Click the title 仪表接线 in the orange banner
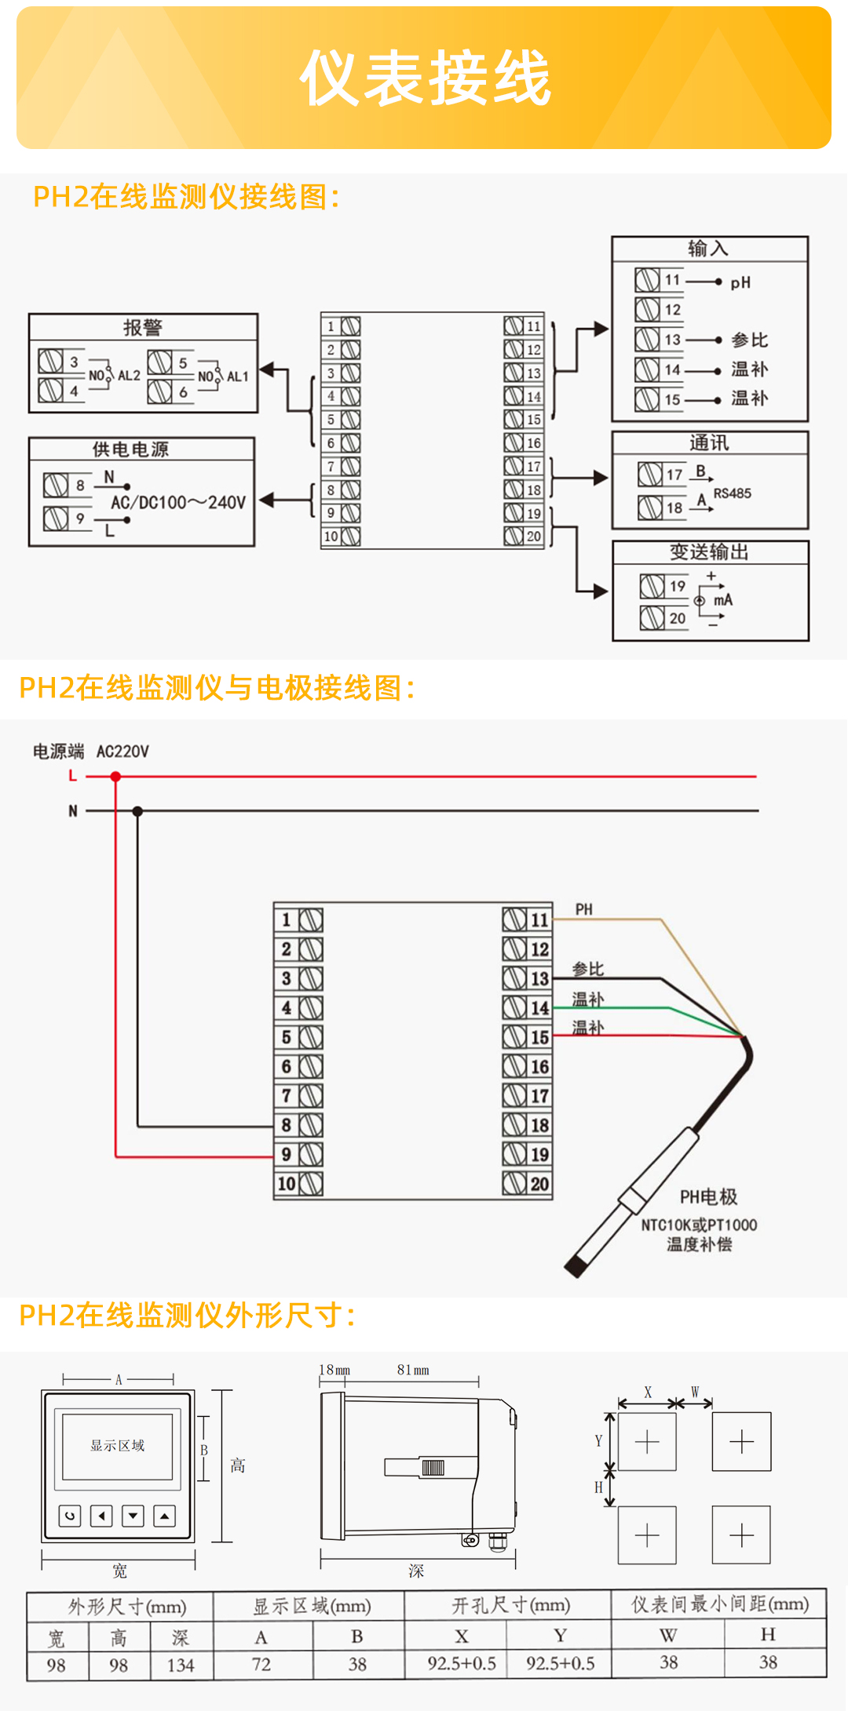pyautogui.click(x=425, y=78)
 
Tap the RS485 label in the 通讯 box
pyautogui.click(x=732, y=493)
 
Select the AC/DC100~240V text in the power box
pyautogui.click(x=178, y=502)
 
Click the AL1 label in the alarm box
pyautogui.click(x=237, y=377)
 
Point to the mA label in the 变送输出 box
pyautogui.click(x=723, y=600)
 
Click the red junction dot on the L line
pyautogui.click(x=115, y=777)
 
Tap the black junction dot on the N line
pyautogui.click(x=137, y=811)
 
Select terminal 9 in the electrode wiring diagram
pyautogui.click(x=298, y=1155)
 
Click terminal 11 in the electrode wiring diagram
pyautogui.click(x=527, y=919)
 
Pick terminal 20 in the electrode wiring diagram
pyautogui.click(x=527, y=1184)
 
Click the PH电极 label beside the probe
pyautogui.click(x=708, y=1197)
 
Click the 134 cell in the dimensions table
pyautogui.click(x=181, y=1665)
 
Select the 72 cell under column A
pyautogui.click(x=261, y=1664)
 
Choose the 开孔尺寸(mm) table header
pyautogui.click(x=510, y=1605)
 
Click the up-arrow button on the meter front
pyautogui.click(x=164, y=1516)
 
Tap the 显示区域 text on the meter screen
pyautogui.click(x=117, y=1445)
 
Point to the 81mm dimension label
pyautogui.click(x=413, y=1370)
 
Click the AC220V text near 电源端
pyautogui.click(x=122, y=752)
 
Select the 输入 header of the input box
pyautogui.click(x=708, y=249)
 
